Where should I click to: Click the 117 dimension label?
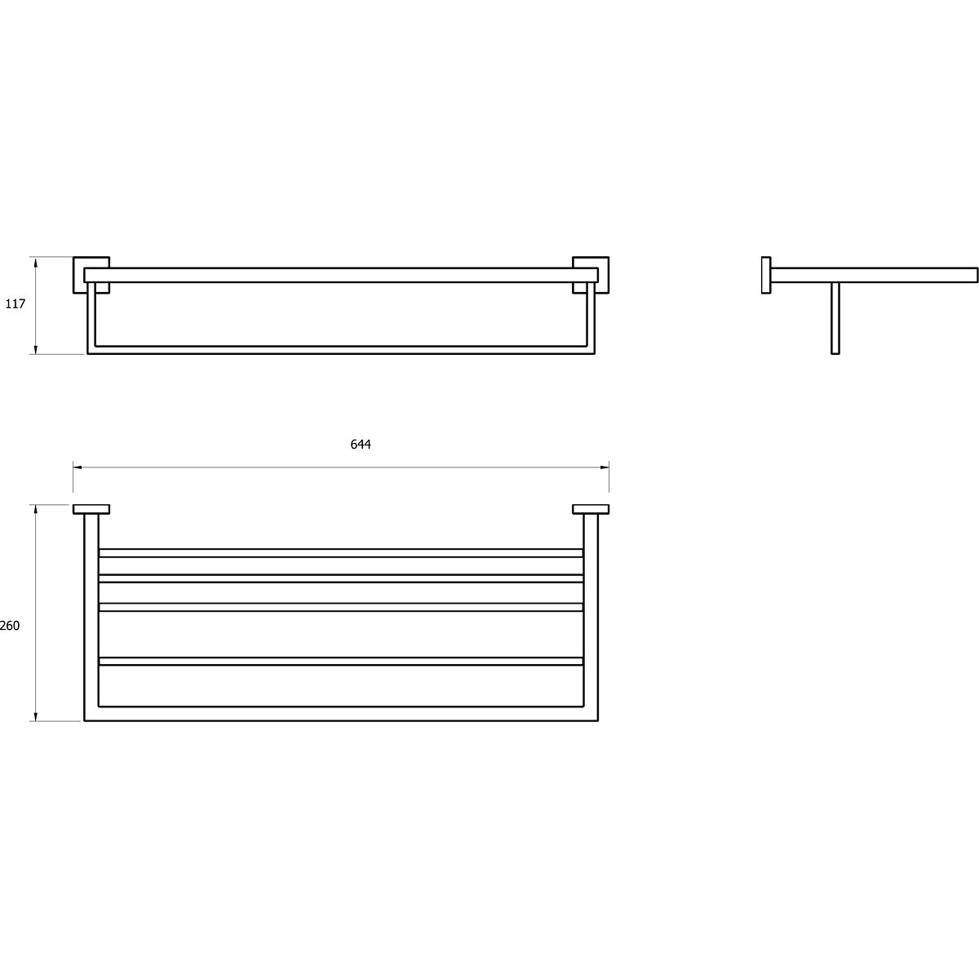tap(16, 303)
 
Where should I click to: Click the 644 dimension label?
tap(361, 445)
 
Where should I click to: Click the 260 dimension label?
tap(10, 626)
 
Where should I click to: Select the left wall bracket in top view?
tap(91, 509)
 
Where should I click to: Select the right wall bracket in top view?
tap(591, 509)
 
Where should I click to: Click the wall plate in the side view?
tap(766, 275)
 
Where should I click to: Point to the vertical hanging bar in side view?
tap(835, 318)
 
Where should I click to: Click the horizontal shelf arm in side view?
tap(875, 275)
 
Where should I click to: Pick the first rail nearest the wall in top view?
tap(341, 553)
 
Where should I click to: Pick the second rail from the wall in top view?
tap(341, 578)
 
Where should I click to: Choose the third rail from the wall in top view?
tap(341, 607)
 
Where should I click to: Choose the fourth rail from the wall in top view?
tap(341, 661)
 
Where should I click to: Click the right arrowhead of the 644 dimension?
tap(605, 467)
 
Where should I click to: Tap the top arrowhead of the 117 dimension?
tap(36, 262)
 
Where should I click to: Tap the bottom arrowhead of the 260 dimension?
tap(36, 716)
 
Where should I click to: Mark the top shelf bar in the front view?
tap(341, 275)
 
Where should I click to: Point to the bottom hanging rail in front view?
tap(341, 350)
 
